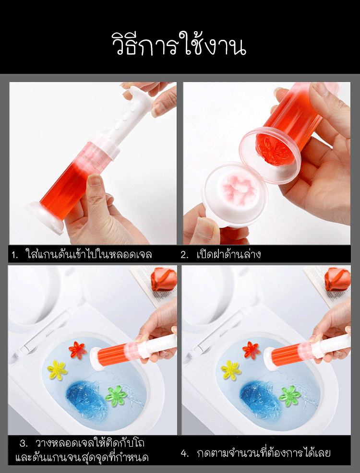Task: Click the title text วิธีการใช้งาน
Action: click(179, 45)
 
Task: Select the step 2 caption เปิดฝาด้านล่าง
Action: click(228, 254)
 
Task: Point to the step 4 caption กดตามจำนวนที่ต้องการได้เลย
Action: click(263, 452)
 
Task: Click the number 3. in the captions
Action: click(24, 442)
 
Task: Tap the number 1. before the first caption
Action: click(15, 254)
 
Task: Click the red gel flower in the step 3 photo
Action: click(77, 350)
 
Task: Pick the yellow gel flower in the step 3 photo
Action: click(57, 369)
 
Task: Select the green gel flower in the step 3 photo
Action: click(117, 395)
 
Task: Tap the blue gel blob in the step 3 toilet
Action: click(85, 396)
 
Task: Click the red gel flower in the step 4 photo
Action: click(251, 350)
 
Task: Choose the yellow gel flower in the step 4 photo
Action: click(231, 369)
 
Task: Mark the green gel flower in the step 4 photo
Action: click(290, 395)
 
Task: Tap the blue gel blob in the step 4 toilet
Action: click(259, 396)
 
